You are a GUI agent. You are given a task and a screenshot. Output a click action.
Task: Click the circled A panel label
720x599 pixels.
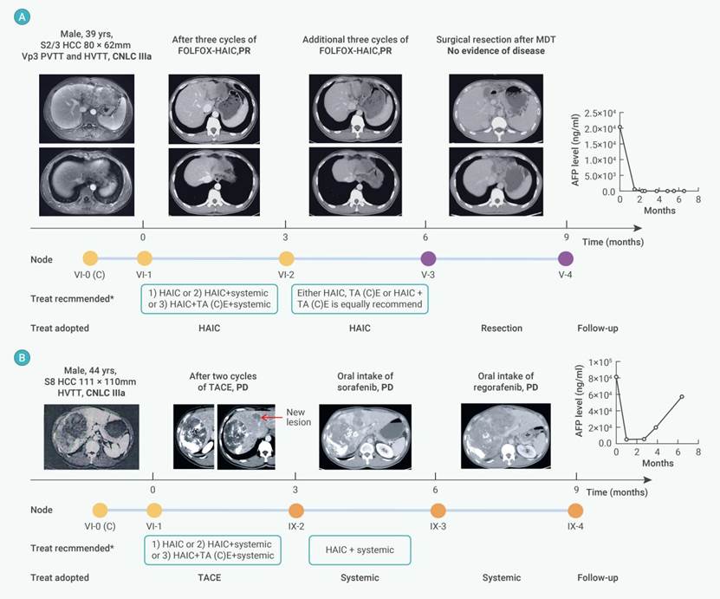tap(14, 16)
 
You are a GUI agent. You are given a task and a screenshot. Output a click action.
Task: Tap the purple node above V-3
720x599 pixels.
tap(428, 258)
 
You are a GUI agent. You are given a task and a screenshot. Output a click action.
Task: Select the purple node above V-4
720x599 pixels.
tap(566, 258)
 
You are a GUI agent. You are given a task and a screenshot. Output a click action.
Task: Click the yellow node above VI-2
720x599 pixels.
tap(287, 258)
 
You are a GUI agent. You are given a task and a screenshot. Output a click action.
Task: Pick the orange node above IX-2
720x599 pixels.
tap(296, 511)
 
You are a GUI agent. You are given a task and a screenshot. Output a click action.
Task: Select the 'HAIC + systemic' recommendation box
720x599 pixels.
tap(360, 550)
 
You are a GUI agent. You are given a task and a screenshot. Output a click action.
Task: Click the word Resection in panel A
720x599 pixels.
tap(501, 328)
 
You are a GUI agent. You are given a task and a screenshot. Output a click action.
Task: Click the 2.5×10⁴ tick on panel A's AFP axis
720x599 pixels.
tap(616, 113)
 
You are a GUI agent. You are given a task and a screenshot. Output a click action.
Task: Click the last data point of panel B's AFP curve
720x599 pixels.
tap(682, 396)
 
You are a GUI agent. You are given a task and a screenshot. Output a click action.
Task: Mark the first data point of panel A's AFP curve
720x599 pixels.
tap(619, 127)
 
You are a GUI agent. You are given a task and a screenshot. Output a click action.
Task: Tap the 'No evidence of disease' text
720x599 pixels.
tap(490, 51)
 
